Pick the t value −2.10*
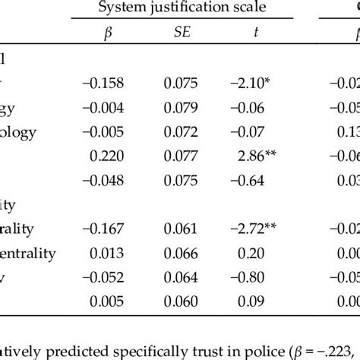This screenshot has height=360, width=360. click(247, 83)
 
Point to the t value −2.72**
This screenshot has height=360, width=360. click(247, 229)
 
